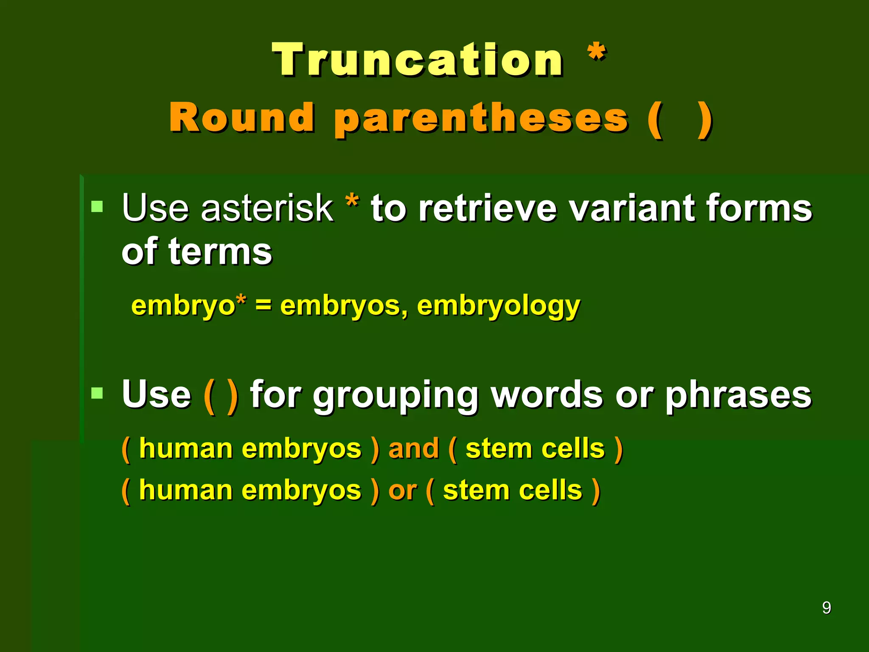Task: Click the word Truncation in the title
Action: click(x=418, y=60)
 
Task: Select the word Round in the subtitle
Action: click(x=242, y=118)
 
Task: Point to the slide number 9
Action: click(x=826, y=607)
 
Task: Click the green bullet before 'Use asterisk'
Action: click(x=97, y=207)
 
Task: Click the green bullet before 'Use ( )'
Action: click(x=97, y=393)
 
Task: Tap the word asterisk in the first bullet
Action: click(x=267, y=208)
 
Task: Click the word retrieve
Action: click(x=487, y=208)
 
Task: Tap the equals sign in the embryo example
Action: click(x=263, y=305)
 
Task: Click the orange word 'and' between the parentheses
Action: click(x=413, y=448)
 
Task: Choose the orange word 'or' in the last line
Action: click(x=402, y=490)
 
